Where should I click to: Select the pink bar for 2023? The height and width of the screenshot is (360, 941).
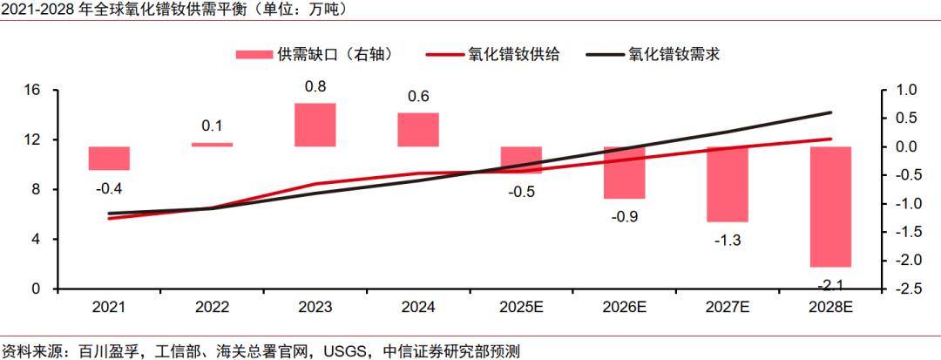click(x=315, y=125)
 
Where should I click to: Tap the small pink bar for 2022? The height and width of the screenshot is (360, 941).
click(x=212, y=145)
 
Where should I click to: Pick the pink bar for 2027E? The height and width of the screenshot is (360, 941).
click(x=727, y=184)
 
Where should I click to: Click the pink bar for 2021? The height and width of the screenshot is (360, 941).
click(x=109, y=158)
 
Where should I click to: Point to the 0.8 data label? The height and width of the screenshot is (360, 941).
click(x=315, y=86)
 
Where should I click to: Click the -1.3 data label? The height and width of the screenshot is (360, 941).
click(x=727, y=241)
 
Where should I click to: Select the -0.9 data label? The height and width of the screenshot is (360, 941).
click(x=624, y=216)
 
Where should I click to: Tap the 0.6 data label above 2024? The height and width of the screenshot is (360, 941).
click(x=418, y=96)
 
